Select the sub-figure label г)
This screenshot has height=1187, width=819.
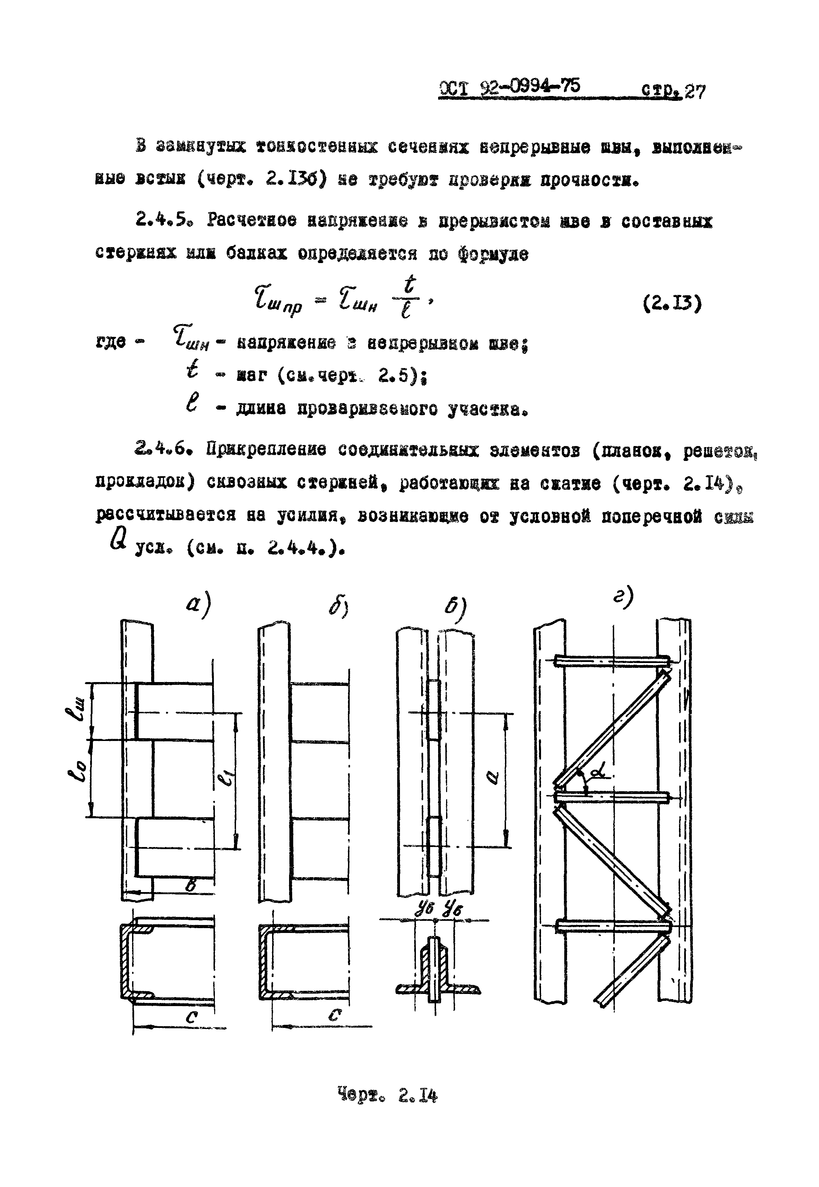[624, 597]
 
